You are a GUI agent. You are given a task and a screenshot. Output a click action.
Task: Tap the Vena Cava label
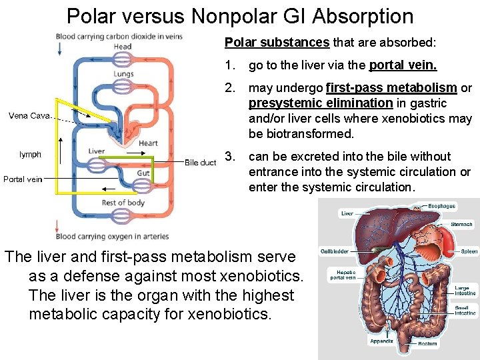tap(28, 116)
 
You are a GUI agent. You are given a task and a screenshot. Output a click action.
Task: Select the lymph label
tap(30, 154)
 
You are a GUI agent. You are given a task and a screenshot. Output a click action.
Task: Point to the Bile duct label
tap(200, 163)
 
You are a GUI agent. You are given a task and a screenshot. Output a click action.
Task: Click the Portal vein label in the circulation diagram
tap(23, 179)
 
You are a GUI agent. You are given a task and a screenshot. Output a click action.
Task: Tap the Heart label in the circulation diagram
tap(148, 143)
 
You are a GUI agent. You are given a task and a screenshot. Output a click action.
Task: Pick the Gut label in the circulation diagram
tap(143, 173)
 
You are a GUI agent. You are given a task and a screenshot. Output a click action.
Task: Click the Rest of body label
tap(123, 203)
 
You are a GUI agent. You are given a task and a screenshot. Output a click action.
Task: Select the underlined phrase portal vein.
tap(403, 65)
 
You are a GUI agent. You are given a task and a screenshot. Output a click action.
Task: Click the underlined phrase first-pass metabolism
tap(391, 88)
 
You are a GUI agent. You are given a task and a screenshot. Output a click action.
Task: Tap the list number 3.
tap(231, 157)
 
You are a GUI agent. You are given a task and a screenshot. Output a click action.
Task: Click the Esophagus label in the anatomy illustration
tap(441, 207)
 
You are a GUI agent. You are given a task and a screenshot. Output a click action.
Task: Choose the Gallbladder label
tap(335, 251)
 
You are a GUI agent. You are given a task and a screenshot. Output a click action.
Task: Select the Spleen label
tap(469, 251)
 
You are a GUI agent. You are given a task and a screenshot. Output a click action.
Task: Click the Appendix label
tap(382, 341)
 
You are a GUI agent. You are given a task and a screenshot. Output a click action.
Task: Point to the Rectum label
tap(427, 344)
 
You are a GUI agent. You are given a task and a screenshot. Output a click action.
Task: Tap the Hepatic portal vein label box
tap(342, 275)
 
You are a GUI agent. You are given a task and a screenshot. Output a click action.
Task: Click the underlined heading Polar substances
tap(277, 43)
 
